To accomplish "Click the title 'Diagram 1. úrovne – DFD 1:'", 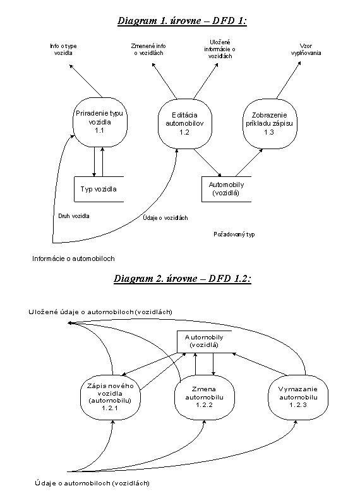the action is click(x=182, y=21).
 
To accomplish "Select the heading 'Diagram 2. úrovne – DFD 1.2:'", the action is click(x=183, y=279).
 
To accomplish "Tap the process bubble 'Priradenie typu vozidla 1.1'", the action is click(x=99, y=122).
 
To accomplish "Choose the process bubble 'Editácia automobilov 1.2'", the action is click(x=184, y=123).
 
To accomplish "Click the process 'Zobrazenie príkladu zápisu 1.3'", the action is click(x=269, y=123).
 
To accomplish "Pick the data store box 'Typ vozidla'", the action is click(x=99, y=190).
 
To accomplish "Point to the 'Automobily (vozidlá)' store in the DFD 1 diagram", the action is click(x=226, y=189).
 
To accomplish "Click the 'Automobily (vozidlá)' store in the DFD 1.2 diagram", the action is click(x=204, y=341).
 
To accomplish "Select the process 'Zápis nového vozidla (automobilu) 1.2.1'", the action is click(x=110, y=397).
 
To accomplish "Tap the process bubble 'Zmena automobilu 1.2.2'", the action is click(x=205, y=397).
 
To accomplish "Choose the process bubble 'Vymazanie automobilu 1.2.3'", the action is click(x=298, y=397).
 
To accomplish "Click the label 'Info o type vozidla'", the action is click(x=64, y=49).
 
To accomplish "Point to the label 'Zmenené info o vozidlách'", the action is click(x=148, y=49).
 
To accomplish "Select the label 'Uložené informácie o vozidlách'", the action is click(x=220, y=49).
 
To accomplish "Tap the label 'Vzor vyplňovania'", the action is click(x=306, y=49).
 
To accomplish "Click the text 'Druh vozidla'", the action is click(x=74, y=216).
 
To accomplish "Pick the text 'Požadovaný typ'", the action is click(x=234, y=234).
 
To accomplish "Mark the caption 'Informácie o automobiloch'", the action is click(x=73, y=258).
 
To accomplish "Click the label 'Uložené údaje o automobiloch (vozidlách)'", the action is click(x=100, y=312).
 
